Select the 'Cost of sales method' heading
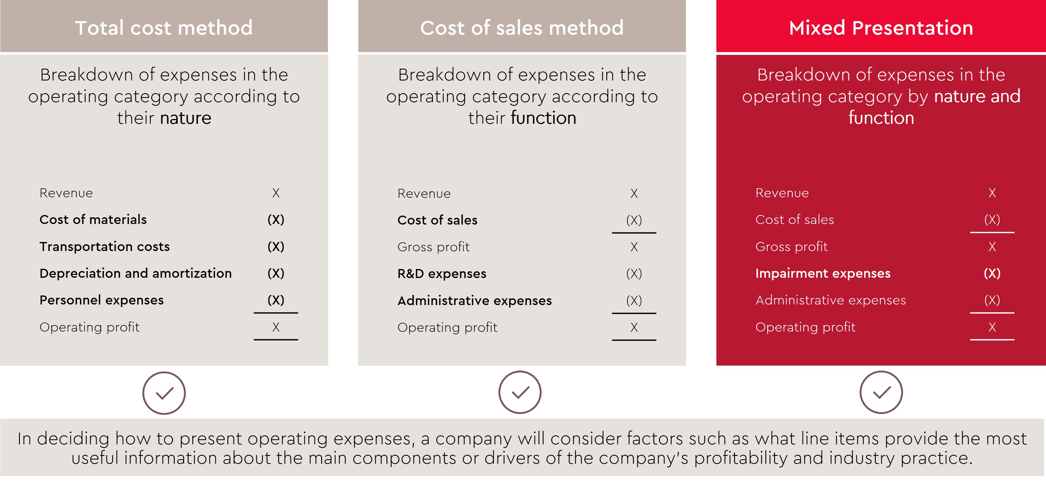click(522, 28)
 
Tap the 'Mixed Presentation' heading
click(881, 28)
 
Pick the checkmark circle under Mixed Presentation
click(881, 392)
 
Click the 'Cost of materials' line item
click(93, 220)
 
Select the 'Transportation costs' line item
click(104, 247)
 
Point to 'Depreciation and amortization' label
click(136, 273)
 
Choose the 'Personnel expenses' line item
click(102, 300)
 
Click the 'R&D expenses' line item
click(442, 274)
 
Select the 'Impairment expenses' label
click(823, 273)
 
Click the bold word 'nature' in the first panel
click(185, 118)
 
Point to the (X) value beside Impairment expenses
click(992, 273)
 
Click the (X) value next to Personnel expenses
click(276, 300)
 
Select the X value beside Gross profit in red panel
click(992, 247)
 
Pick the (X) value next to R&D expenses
click(634, 274)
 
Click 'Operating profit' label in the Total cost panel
click(89, 327)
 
